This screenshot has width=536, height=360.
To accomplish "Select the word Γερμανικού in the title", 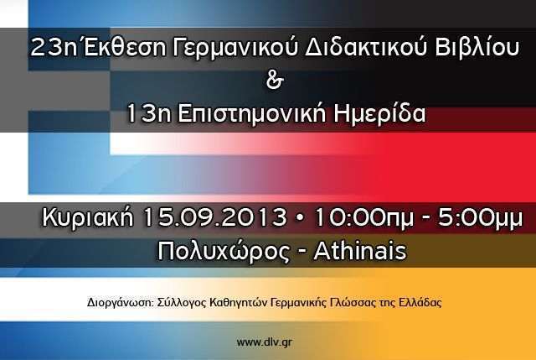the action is click(235, 49).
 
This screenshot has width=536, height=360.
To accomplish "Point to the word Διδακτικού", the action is click(366, 47).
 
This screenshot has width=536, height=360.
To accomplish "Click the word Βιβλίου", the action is click(477, 47).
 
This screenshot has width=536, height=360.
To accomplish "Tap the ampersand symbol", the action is click(275, 81).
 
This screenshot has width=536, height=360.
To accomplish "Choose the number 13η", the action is click(148, 114).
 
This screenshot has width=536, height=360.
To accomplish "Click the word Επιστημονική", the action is click(252, 115).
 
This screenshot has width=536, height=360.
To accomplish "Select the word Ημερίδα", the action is click(379, 114).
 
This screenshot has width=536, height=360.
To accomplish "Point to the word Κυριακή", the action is click(87, 218).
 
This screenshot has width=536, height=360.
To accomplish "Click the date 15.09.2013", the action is click(215, 217).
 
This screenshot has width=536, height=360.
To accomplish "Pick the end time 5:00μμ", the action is click(480, 218).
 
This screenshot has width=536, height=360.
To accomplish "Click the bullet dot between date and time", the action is click(300, 218).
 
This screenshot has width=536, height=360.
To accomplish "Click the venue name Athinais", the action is click(360, 251).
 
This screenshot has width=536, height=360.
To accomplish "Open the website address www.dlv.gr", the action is click(265, 342).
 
